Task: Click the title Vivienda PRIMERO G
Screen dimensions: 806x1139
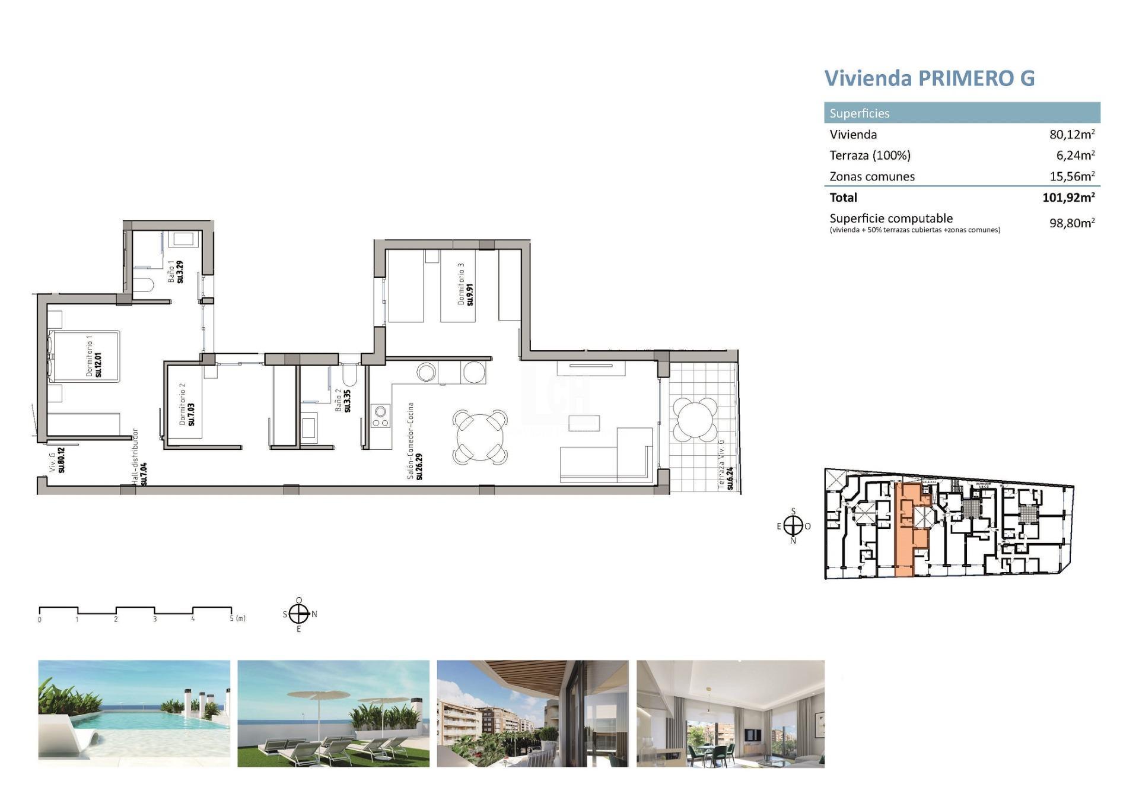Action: tap(929, 78)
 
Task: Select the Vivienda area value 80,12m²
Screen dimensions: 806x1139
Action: tap(1071, 135)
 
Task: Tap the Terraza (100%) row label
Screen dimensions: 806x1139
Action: tap(870, 156)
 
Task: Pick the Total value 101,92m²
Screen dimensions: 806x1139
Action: tap(1068, 198)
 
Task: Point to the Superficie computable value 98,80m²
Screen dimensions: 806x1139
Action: tap(1071, 223)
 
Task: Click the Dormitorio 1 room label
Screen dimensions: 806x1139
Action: tap(94, 356)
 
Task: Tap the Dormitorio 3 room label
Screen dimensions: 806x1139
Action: tap(465, 285)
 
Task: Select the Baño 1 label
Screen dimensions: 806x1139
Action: tap(176, 271)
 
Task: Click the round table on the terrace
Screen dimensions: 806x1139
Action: tap(694, 419)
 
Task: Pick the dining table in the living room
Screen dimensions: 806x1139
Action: tap(481, 437)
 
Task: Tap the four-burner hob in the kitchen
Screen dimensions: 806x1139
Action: tap(380, 415)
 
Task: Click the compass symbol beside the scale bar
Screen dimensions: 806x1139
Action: tap(299, 614)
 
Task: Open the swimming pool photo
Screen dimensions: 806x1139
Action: tap(134, 713)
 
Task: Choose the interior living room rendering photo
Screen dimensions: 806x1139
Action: tap(730, 713)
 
